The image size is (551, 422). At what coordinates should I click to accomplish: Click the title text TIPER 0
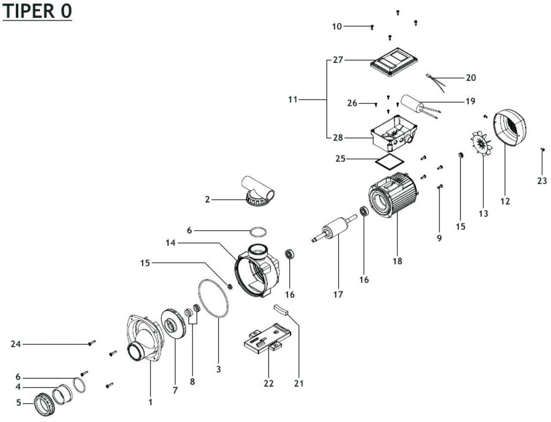coord(38,12)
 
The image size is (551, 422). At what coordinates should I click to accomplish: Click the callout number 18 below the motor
coord(397,261)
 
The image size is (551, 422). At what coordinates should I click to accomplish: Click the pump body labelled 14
coord(257,271)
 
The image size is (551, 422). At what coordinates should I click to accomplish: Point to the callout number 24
coord(16,344)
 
